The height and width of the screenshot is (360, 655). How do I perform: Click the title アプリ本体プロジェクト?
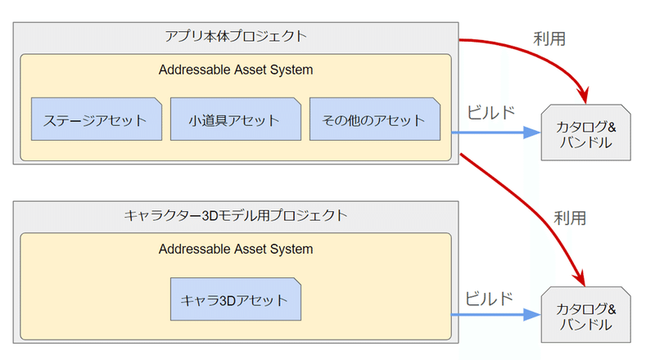236,35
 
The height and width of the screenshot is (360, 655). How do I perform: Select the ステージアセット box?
96,120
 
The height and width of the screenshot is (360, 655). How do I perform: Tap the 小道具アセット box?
235,120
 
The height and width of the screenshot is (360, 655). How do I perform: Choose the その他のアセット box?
374,120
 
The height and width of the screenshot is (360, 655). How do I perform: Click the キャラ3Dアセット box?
235,300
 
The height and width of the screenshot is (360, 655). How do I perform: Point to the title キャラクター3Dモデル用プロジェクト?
236,216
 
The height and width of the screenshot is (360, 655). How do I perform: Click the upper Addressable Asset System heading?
236,70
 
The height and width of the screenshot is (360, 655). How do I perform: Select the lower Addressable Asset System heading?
236,249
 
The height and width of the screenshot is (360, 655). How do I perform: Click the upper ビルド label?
490,112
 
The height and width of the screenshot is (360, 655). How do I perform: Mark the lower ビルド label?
490,296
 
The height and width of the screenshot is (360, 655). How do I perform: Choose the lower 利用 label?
571,218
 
